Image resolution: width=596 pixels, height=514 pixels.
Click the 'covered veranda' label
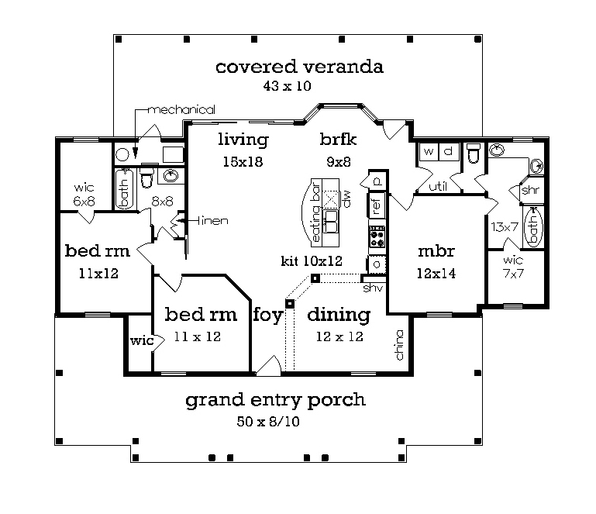point(299,67)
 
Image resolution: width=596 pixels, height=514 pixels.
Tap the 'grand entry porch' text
point(276,400)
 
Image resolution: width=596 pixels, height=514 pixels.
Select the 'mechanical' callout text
point(181,110)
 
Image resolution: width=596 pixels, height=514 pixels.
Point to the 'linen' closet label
point(213,220)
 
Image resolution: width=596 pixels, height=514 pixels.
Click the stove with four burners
point(377,237)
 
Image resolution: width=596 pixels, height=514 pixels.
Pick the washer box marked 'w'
point(429,152)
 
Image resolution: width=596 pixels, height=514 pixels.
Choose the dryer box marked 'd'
point(449,152)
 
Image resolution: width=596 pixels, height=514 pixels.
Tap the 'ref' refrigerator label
point(377,206)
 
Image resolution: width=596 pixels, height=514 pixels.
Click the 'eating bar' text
point(315,212)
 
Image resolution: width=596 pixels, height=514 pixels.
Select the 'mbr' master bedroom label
point(436,251)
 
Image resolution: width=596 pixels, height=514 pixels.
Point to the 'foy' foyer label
point(268,315)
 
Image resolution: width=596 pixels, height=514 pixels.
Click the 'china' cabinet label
point(399,345)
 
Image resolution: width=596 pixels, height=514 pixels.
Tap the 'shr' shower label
point(531,189)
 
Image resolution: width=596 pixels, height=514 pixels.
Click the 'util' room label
point(438,186)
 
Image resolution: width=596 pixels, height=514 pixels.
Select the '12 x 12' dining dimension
point(339,336)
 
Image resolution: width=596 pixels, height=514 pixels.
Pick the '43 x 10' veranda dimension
point(288,86)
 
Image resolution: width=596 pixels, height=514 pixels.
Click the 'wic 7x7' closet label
point(513,267)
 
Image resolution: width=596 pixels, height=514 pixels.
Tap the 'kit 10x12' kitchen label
point(312,261)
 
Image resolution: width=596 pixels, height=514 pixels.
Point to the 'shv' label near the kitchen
point(373,288)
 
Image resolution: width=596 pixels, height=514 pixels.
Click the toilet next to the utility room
point(474,153)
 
